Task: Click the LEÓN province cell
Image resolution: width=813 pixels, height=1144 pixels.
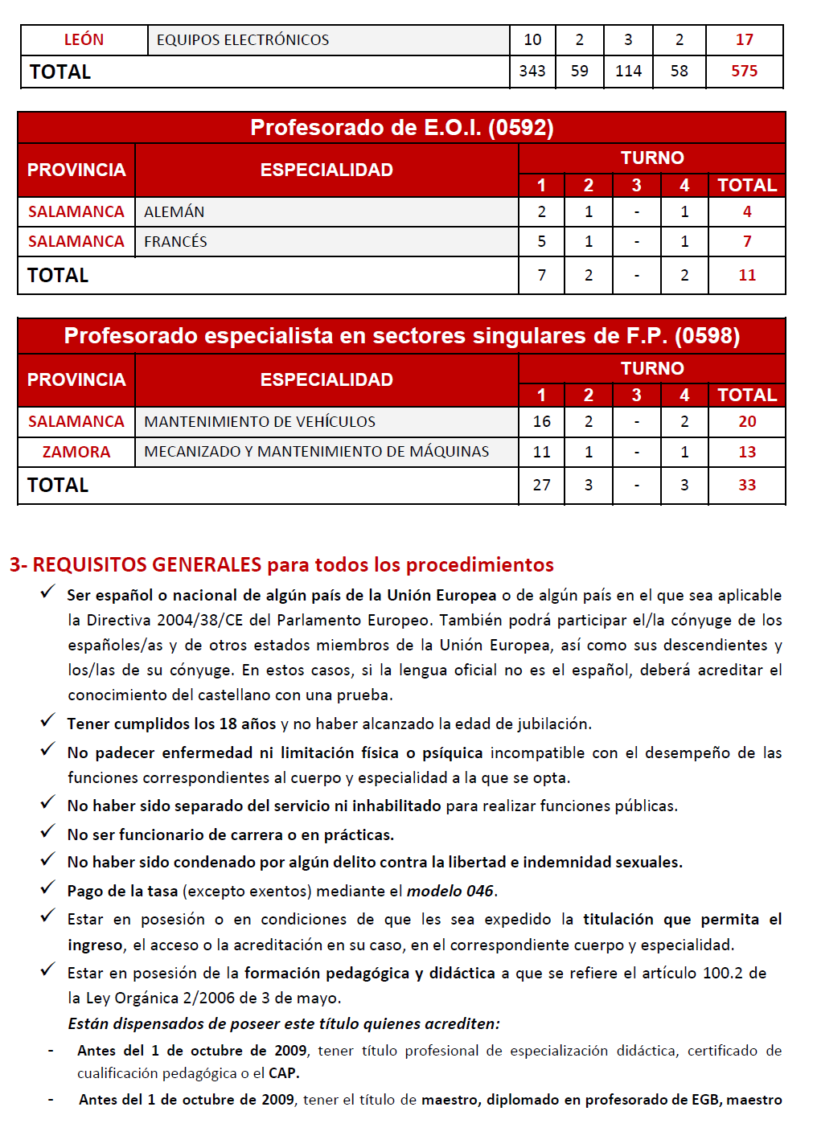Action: [84, 39]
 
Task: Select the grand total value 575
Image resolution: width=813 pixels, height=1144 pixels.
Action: [744, 71]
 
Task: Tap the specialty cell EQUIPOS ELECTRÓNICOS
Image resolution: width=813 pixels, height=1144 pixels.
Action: [243, 39]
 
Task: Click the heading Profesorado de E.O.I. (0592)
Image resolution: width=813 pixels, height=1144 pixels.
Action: [401, 127]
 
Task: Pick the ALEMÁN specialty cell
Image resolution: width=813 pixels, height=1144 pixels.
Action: [175, 211]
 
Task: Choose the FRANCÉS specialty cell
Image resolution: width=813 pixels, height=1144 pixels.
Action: [175, 241]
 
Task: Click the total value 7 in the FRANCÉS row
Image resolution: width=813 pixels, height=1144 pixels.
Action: [747, 241]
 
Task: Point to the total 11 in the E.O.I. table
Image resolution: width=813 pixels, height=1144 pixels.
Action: [747, 275]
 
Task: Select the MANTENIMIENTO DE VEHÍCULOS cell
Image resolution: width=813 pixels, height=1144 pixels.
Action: [260, 421]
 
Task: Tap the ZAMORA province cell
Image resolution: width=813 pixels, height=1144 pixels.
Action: [76, 452]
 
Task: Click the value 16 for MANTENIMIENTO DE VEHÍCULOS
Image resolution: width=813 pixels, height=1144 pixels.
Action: [541, 421]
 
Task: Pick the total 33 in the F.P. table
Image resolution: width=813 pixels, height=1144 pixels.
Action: [747, 485]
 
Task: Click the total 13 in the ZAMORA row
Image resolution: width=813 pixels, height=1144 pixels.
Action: [747, 452]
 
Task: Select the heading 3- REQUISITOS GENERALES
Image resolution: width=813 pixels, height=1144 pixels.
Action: [281, 564]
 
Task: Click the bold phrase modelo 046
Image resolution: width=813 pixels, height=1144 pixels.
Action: [450, 891]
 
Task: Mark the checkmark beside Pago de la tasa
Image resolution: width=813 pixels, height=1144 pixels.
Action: [48, 888]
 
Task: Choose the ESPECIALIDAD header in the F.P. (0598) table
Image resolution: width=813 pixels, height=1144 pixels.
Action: [326, 379]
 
